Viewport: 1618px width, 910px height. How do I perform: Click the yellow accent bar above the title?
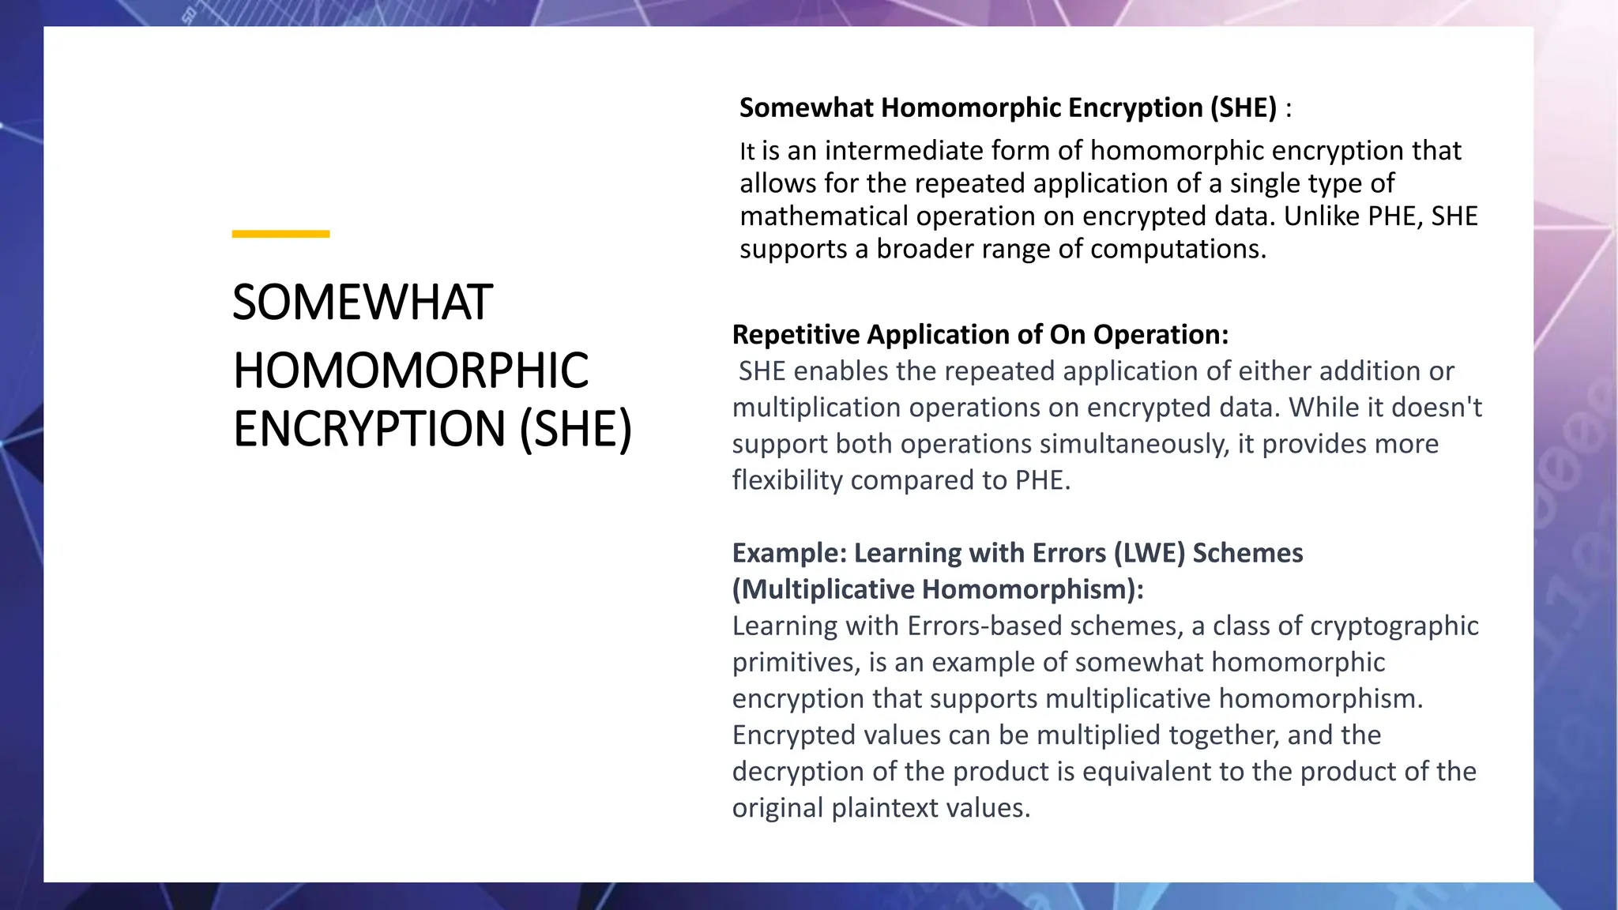click(x=280, y=234)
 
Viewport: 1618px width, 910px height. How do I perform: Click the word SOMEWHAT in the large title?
click(x=363, y=303)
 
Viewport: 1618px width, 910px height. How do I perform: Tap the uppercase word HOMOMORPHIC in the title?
click(x=411, y=370)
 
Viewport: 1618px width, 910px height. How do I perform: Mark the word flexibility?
click(x=788, y=480)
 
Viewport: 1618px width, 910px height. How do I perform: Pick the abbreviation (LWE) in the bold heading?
click(x=1150, y=553)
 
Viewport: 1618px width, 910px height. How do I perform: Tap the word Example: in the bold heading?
click(x=789, y=553)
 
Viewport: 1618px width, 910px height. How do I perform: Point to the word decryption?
click(x=798, y=771)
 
